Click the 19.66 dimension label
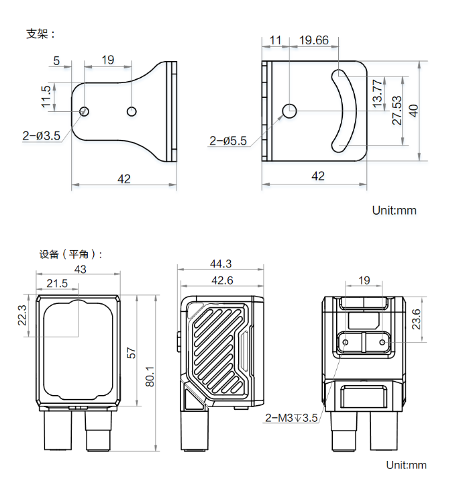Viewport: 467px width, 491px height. tap(313, 40)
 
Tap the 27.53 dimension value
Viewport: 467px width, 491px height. tap(397, 110)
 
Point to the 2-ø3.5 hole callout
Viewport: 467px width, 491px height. tap(41, 135)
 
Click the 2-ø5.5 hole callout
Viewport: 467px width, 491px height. tap(228, 141)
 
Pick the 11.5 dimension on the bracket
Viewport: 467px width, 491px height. tap(46, 97)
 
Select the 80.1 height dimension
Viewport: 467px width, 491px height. tap(150, 376)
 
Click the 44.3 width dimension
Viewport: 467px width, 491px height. tap(220, 264)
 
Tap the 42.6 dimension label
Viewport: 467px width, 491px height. tap(221, 280)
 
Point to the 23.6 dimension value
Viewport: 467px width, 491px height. tap(415, 319)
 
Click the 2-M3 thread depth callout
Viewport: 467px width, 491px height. tap(291, 419)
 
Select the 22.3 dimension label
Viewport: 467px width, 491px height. tap(21, 315)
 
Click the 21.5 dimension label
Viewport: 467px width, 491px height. tap(57, 284)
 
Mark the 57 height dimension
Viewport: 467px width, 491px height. tap(132, 351)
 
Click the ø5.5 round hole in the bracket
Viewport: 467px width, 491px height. tap(290, 110)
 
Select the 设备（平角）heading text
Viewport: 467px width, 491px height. tap(72, 254)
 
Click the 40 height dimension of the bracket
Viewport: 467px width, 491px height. tap(414, 110)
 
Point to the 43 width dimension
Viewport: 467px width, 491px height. tap(80, 268)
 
